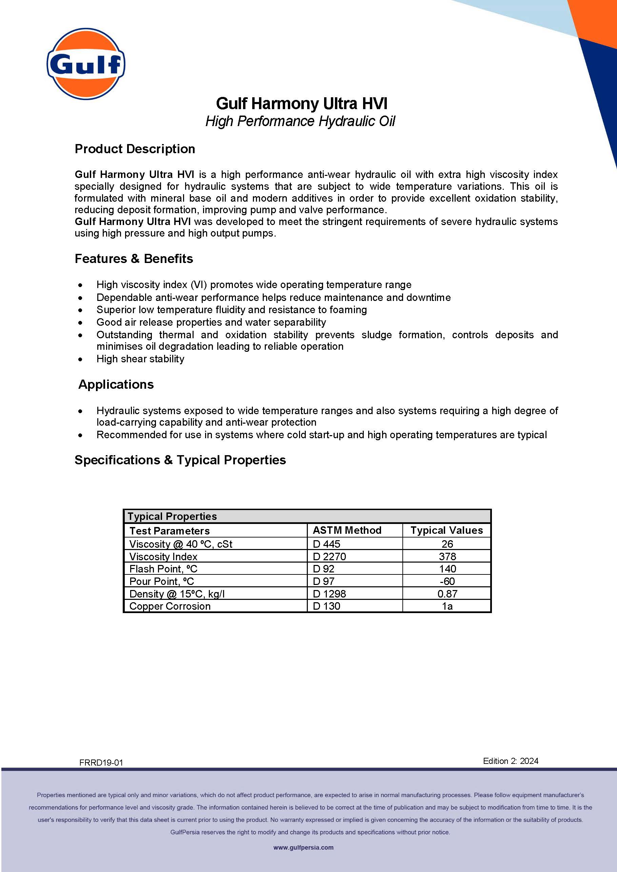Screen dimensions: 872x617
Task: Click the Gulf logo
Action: point(86,63)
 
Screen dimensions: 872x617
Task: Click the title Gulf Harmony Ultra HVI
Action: point(302,104)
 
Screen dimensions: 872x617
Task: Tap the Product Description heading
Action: point(135,149)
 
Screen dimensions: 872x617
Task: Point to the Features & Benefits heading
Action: point(134,259)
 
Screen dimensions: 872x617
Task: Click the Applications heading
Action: point(116,384)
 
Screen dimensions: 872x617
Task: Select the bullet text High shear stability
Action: point(140,359)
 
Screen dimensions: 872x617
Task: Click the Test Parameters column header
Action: point(170,531)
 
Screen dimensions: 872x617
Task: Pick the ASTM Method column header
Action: point(347,530)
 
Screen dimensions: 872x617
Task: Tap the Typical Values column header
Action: point(446,530)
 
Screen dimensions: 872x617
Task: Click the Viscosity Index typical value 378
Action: point(447,556)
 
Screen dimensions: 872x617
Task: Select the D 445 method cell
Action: point(326,544)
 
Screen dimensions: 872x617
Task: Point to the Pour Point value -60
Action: point(447,581)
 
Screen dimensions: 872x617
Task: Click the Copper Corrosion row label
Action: point(170,606)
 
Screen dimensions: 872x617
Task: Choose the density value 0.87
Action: point(447,594)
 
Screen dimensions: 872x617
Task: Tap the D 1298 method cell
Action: point(329,594)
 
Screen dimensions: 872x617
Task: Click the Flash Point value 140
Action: point(447,569)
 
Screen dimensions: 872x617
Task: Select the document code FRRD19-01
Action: point(101,762)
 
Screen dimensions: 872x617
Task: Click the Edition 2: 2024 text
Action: point(510,761)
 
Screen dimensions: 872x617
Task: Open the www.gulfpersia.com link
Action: point(303,847)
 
